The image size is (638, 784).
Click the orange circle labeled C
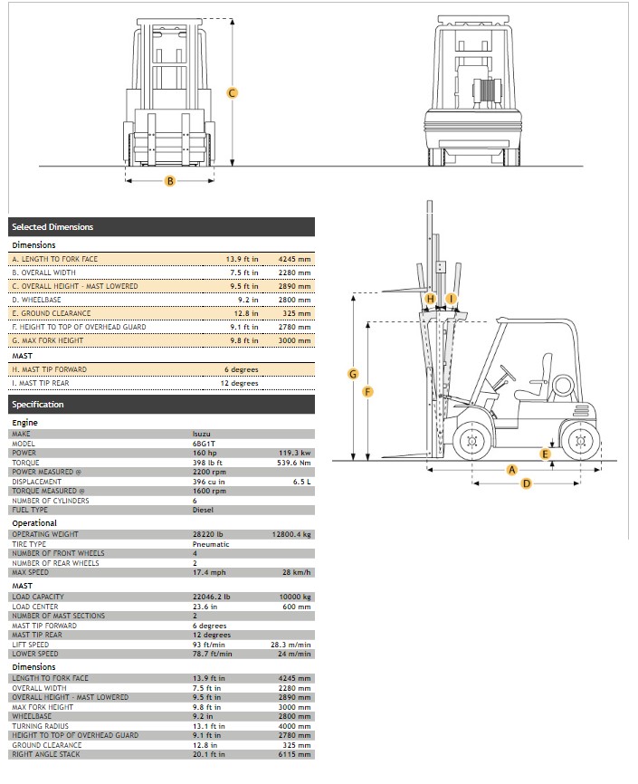[x=232, y=92]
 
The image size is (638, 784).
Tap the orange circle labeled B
[x=169, y=181]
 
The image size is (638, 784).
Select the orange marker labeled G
[x=353, y=374]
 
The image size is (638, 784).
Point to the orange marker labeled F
[x=367, y=391]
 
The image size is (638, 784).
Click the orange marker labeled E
[x=545, y=454]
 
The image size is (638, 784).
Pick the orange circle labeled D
[x=527, y=483]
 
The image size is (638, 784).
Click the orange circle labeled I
[x=450, y=298]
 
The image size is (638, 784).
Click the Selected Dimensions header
[x=52, y=227]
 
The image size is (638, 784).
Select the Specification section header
[x=38, y=405]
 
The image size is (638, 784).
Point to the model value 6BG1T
[x=204, y=443]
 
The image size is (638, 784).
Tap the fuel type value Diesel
[x=204, y=510]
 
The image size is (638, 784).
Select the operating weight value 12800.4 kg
[x=291, y=534]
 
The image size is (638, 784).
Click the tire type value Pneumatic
[x=211, y=544]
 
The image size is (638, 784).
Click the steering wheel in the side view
[x=508, y=373]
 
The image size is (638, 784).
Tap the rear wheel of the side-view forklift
[x=580, y=442]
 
